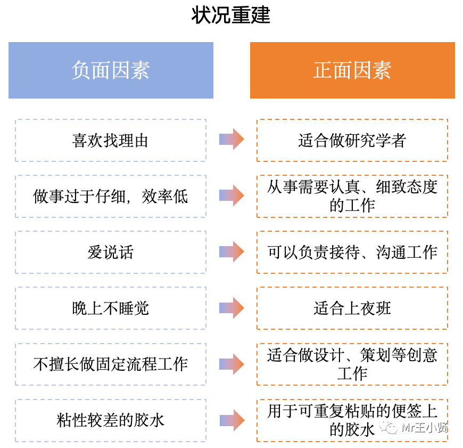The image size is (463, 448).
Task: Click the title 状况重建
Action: click(231, 15)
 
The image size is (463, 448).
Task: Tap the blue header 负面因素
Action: click(111, 70)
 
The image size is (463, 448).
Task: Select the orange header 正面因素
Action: click(352, 70)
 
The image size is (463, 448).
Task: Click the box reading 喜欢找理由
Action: click(111, 141)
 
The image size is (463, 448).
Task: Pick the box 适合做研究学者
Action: click(352, 141)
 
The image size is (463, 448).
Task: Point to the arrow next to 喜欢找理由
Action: click(231, 140)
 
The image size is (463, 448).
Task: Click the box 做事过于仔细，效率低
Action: click(111, 197)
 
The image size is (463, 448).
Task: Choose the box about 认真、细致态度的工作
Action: click(352, 197)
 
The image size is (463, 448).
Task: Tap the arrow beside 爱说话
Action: click(231, 252)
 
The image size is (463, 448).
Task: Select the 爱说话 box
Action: click(111, 252)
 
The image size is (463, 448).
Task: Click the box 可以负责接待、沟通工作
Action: click(352, 252)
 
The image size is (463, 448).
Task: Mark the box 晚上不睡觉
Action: click(111, 308)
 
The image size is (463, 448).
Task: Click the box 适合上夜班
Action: click(352, 308)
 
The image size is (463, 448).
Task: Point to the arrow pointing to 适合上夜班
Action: click(231, 308)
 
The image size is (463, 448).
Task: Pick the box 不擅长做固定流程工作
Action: click(111, 364)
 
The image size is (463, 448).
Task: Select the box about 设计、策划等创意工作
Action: click(352, 364)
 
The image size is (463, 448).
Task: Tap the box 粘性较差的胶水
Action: click(111, 420)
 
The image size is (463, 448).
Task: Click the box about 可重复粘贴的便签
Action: click(352, 420)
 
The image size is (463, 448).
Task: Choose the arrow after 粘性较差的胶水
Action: click(231, 420)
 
